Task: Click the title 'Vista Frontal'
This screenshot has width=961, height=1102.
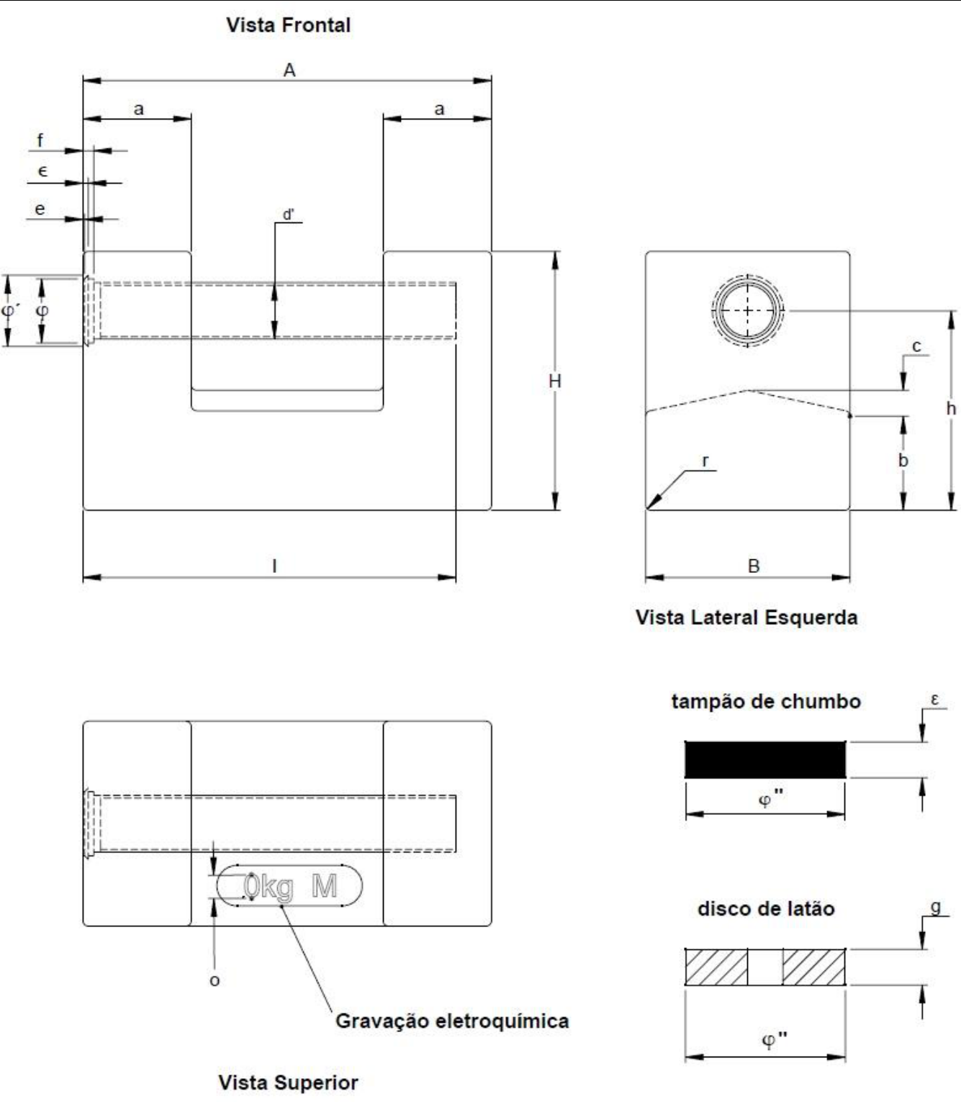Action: pos(288,25)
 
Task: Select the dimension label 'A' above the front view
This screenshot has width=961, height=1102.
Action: pos(289,70)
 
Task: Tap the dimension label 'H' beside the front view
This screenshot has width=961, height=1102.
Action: pos(555,381)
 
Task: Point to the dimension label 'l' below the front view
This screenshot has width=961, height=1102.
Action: pos(275,566)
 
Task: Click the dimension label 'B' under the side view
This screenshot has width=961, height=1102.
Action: pos(754,566)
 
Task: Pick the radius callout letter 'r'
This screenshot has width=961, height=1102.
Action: pos(705,461)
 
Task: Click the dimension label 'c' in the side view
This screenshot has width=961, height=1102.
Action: pos(916,346)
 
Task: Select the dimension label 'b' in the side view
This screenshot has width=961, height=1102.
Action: pos(903,460)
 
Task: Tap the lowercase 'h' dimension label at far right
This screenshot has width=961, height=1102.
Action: pos(952,408)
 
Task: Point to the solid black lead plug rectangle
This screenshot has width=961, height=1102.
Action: pos(765,760)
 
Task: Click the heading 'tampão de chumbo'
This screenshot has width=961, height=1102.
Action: pos(766,702)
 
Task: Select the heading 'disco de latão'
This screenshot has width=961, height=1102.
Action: pos(766,908)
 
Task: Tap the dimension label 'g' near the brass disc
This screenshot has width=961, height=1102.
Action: pos(937,906)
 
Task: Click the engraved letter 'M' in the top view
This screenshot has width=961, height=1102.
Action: pos(325,886)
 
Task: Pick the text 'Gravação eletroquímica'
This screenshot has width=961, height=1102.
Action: pos(452,1021)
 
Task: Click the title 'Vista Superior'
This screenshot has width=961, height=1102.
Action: pos(288,1083)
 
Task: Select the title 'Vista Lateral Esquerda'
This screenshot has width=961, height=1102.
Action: pos(746,618)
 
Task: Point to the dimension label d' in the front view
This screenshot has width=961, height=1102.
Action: pos(289,214)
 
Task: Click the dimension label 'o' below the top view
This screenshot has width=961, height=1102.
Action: pos(215,981)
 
